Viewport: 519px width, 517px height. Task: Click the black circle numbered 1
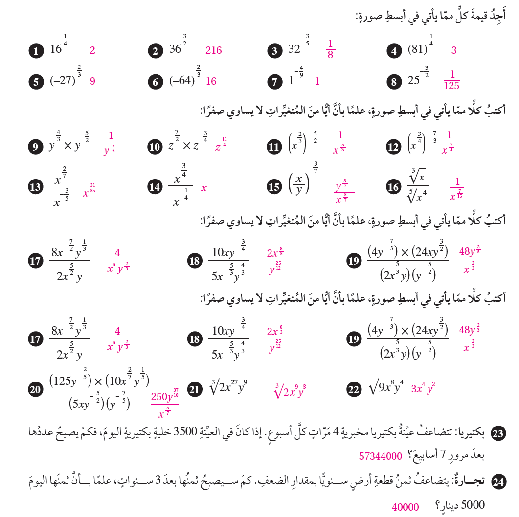coord(35,51)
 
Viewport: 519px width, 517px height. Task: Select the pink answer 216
coord(214,50)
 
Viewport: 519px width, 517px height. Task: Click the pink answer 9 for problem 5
coord(92,81)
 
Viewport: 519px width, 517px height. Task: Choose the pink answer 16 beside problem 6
coord(211,81)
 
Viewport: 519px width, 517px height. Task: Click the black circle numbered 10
coord(155,146)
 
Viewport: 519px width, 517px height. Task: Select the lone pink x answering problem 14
coord(204,188)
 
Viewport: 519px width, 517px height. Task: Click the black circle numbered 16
coord(393,187)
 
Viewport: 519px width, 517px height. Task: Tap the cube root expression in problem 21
coord(228,388)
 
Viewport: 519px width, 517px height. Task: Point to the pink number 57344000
coord(381,456)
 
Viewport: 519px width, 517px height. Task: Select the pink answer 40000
coord(406,507)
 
